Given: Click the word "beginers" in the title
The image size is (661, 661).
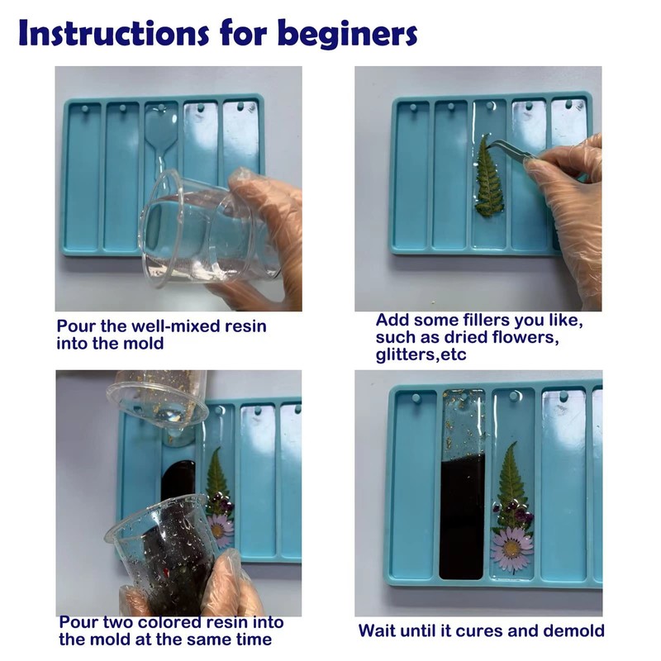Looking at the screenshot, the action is (347, 35).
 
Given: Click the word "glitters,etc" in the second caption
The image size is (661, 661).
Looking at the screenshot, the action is (421, 355).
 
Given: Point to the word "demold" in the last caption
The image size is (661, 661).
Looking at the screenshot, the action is (573, 631).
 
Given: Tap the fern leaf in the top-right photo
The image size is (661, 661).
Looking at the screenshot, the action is (489, 175).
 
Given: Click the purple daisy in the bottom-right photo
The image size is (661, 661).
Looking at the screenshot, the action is (512, 550).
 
